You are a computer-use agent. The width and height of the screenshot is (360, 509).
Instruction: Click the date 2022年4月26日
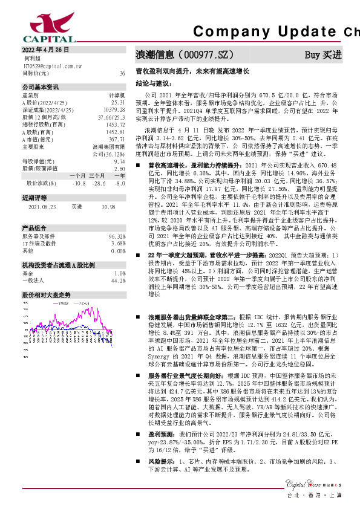tap(46, 50)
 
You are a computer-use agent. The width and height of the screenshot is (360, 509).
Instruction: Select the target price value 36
tap(122, 73)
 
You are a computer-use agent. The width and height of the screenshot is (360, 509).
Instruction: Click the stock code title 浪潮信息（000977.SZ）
tap(185, 54)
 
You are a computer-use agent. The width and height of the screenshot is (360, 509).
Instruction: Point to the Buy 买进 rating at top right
tap(323, 54)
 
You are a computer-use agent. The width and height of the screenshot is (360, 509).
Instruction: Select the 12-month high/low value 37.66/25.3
tap(113, 117)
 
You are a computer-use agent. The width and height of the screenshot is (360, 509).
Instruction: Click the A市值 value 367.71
tap(117, 139)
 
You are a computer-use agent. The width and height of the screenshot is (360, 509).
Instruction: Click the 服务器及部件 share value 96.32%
tap(117, 236)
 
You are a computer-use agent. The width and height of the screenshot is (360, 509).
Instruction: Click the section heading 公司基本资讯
tap(41, 86)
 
